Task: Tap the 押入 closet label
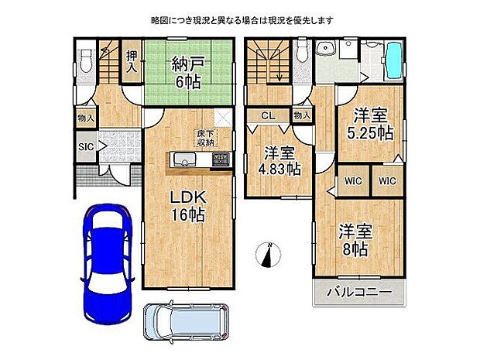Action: click(133, 62)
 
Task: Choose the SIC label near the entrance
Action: click(86, 145)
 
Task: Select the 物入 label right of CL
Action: click(303, 115)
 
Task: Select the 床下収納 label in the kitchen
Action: click(204, 138)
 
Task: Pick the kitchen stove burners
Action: click(221, 160)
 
